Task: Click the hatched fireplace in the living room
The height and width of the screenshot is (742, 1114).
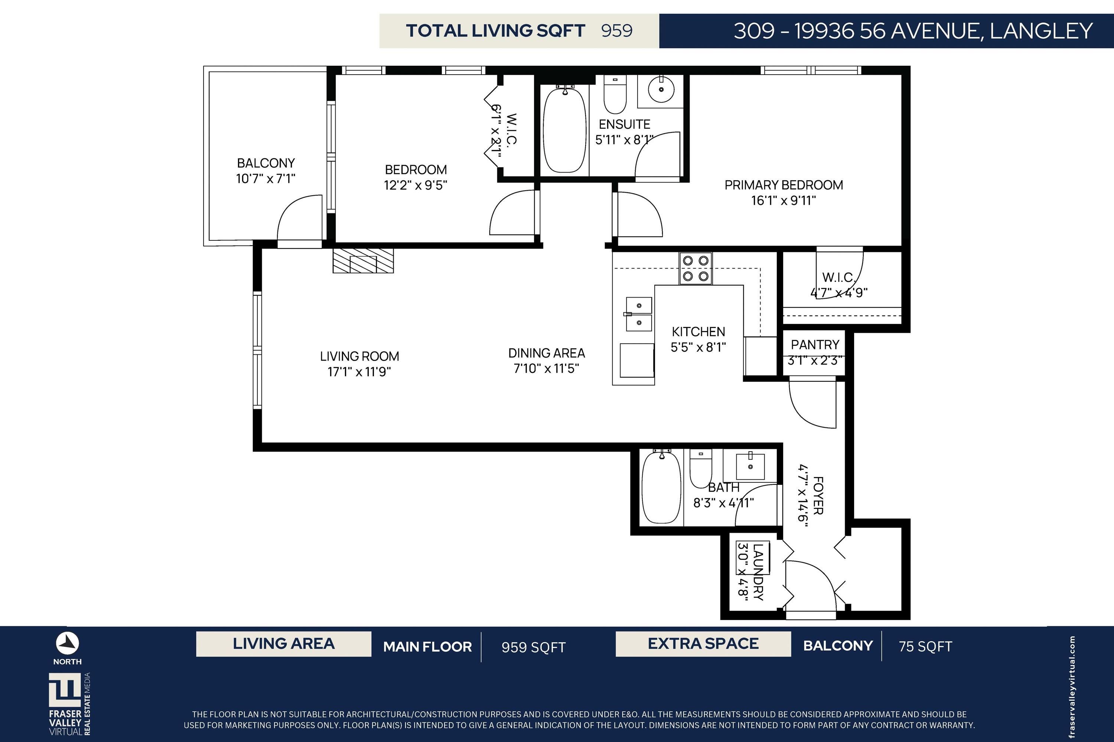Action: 363,261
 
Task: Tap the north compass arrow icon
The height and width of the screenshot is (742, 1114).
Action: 67,643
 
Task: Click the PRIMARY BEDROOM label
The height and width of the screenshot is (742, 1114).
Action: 784,185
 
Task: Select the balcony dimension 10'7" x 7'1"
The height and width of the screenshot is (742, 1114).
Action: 266,178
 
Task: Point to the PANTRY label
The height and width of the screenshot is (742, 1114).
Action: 815,345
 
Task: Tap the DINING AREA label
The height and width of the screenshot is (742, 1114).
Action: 547,353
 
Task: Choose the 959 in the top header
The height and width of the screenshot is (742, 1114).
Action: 617,31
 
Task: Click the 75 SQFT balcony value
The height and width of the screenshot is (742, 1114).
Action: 925,646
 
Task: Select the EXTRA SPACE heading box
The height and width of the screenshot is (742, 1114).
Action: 703,644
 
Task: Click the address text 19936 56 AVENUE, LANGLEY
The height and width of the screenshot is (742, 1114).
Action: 944,31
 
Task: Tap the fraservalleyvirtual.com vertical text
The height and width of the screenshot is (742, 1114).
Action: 1073,686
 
